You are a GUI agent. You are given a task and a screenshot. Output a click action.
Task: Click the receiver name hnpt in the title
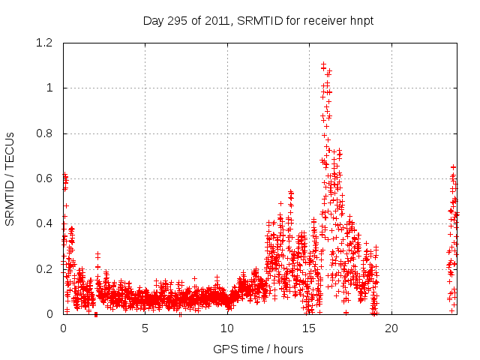[359, 20]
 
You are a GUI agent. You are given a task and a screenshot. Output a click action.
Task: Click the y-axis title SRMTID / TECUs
[10, 178]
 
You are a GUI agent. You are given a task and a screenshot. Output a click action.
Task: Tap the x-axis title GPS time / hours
[258, 349]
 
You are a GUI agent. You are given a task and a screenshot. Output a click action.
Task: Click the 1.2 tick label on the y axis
[45, 43]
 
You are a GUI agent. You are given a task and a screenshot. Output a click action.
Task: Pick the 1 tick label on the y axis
[49, 88]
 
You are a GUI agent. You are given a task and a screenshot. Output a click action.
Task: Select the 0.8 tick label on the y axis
[45, 133]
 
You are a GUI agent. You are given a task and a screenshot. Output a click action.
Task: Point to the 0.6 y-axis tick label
[45, 178]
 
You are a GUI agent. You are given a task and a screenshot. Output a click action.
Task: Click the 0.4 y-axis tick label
[45, 223]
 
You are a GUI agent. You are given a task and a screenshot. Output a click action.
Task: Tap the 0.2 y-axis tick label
[45, 269]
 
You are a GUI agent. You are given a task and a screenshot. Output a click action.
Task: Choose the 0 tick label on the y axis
[49, 314]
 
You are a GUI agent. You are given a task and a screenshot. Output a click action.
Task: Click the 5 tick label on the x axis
[145, 328]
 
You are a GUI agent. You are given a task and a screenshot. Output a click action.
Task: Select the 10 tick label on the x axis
[227, 328]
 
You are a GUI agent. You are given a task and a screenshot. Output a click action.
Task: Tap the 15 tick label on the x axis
[309, 328]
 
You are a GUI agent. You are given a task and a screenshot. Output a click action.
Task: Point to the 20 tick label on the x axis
[391, 328]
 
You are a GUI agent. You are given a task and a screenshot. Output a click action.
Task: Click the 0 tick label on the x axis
[63, 328]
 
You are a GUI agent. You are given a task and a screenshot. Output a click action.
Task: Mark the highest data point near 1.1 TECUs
[323, 64]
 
